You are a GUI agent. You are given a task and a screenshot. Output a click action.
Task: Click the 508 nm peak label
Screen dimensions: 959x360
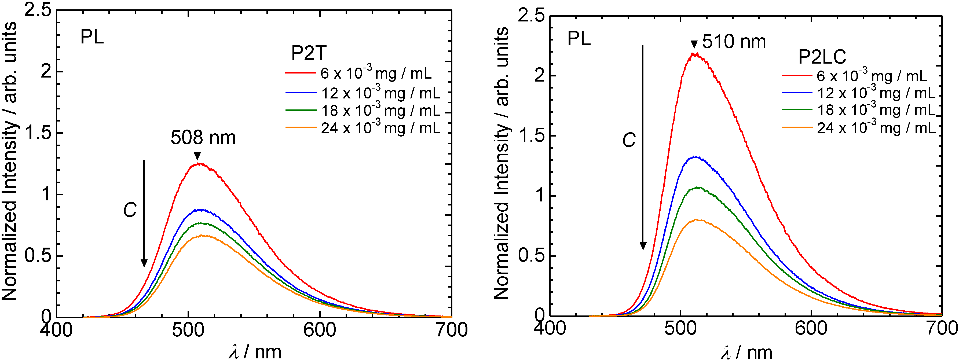pos(203,138)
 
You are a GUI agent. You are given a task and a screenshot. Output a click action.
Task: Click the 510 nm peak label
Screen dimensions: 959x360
pos(734,42)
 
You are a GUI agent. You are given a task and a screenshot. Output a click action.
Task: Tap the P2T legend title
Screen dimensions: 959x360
pos(309,53)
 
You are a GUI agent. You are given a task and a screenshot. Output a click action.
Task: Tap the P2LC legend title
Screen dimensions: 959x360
pos(822,57)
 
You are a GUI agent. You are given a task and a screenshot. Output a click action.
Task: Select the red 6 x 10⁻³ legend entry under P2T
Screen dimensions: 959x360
pos(358,73)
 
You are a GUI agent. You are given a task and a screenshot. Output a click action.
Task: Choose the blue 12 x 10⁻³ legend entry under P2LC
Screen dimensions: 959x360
pos(858,92)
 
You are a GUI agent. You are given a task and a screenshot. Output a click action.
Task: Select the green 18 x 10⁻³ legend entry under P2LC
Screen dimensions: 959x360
pos(858,109)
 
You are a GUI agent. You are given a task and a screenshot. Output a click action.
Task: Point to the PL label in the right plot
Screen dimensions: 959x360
pos(579,39)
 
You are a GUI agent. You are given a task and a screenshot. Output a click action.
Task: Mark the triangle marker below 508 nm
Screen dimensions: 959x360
pos(197,156)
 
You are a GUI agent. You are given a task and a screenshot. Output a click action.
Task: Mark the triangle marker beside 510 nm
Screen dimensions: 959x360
pos(694,44)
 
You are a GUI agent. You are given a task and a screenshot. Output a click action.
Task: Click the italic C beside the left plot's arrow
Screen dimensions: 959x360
pos(130,210)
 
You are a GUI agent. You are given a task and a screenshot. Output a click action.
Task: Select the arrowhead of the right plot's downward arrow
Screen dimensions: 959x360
pos(643,246)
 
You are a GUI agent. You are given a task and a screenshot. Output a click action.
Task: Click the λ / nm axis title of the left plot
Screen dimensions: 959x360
pos(255,351)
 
